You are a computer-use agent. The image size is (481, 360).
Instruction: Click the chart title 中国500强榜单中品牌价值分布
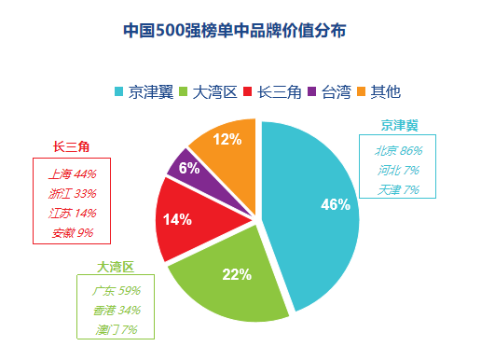pyautogui.click(x=241, y=31)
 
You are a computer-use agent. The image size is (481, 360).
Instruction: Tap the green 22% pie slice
pyautogui.click(x=233, y=280)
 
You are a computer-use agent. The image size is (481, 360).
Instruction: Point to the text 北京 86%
pyautogui.click(x=398, y=150)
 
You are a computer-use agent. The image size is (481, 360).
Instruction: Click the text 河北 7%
pyautogui.click(x=398, y=170)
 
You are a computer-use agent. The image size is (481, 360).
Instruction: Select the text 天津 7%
pyautogui.click(x=398, y=189)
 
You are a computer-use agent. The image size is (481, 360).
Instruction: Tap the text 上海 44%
pyautogui.click(x=72, y=173)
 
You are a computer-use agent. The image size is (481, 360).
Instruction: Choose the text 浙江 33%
pyautogui.click(x=72, y=193)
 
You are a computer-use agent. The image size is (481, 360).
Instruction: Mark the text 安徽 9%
pyautogui.click(x=72, y=232)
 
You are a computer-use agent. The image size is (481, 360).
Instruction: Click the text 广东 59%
pyautogui.click(x=116, y=290)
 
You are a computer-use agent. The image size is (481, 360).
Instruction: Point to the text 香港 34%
pyautogui.click(x=116, y=310)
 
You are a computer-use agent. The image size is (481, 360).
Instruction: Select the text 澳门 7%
pyautogui.click(x=116, y=329)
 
